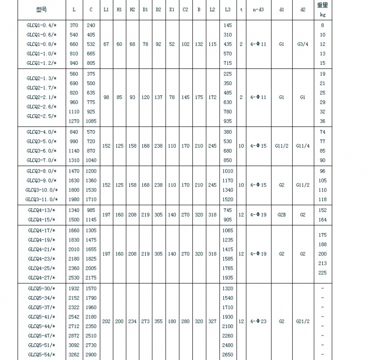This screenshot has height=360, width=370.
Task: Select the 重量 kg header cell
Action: [322, 9]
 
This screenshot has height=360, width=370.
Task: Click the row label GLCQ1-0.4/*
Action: [42, 25]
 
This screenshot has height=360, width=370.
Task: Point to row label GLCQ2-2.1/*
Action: [42, 97]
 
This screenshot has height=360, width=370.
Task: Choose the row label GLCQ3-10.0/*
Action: [42, 190]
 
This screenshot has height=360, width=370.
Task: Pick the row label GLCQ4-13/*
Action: [42, 210]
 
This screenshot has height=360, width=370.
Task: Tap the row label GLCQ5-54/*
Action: [42, 354]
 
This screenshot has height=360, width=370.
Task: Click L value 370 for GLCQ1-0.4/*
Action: [74, 25]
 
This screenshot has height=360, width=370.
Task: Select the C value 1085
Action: [91, 121]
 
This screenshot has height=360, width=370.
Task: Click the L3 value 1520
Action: [228, 199]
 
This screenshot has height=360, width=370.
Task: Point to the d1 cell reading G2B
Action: [281, 215]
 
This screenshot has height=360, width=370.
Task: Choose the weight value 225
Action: [322, 273]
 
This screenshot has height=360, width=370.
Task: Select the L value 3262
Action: [74, 354]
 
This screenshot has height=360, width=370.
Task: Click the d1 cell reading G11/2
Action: [281, 146]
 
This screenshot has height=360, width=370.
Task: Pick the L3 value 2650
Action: [228, 354]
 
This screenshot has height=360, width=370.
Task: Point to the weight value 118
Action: [322, 199]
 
